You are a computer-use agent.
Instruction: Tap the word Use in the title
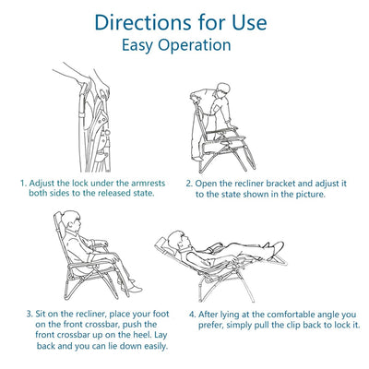point(249,22)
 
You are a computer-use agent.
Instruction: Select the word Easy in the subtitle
point(137,45)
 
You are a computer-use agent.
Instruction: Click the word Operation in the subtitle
point(195,45)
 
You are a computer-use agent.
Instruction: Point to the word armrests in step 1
point(149,184)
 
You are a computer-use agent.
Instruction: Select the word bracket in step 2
point(280,184)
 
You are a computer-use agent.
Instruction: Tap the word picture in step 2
point(310,195)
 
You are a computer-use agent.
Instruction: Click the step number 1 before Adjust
point(23,184)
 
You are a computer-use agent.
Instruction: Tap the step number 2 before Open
point(189,184)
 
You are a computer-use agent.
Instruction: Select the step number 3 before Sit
point(30,315)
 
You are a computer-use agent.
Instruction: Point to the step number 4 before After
point(192,315)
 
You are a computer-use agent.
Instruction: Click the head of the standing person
point(223,89)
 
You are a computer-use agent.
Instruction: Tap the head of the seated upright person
point(71,220)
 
